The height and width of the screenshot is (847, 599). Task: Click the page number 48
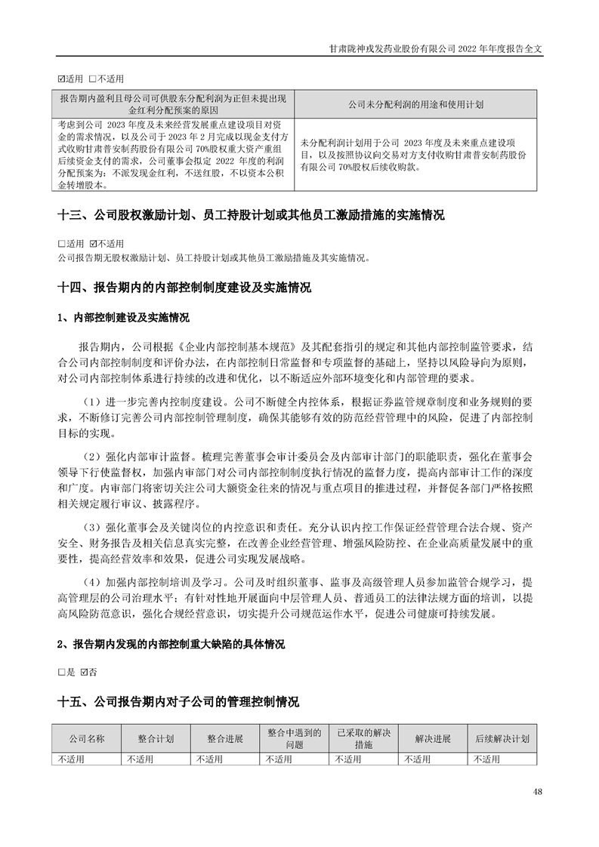537,791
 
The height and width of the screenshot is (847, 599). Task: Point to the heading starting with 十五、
178,702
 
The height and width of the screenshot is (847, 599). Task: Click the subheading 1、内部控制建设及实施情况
123,317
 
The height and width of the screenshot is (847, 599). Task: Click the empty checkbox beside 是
61,671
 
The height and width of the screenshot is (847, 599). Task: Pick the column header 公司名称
87,738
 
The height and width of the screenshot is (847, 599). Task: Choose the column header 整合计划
156,738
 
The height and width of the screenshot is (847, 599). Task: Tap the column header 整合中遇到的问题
295,738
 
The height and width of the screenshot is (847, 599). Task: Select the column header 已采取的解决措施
364,738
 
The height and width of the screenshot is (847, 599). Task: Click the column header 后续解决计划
502,738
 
